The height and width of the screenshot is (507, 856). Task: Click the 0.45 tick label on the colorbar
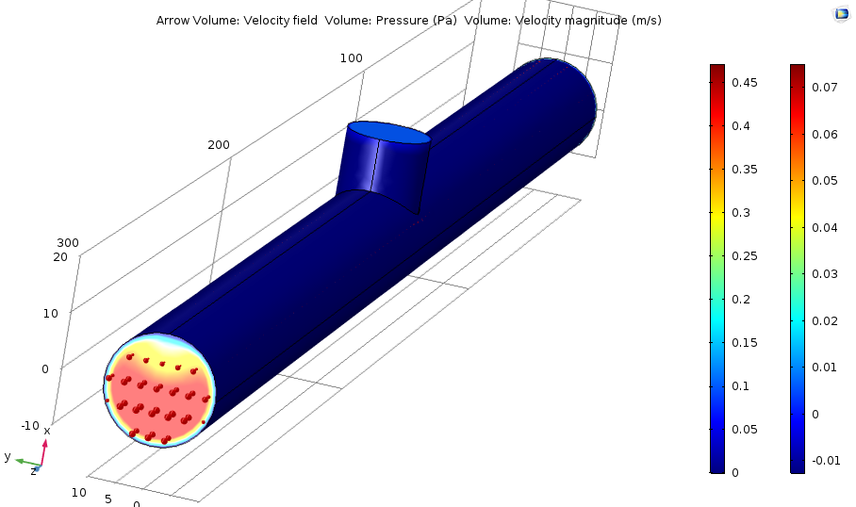point(744,82)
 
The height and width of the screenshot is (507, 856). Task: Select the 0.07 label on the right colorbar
point(824,88)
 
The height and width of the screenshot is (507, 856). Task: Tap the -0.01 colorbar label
point(826,461)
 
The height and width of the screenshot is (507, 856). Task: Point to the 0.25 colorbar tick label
point(744,256)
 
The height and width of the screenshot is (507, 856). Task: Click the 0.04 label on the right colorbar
point(824,227)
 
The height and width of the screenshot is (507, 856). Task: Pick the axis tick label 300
point(68,243)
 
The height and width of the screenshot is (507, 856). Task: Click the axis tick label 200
point(219,145)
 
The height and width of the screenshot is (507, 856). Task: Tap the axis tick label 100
point(351,58)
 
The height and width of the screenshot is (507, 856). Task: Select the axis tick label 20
point(60,257)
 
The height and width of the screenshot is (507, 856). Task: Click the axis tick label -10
point(30,426)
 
